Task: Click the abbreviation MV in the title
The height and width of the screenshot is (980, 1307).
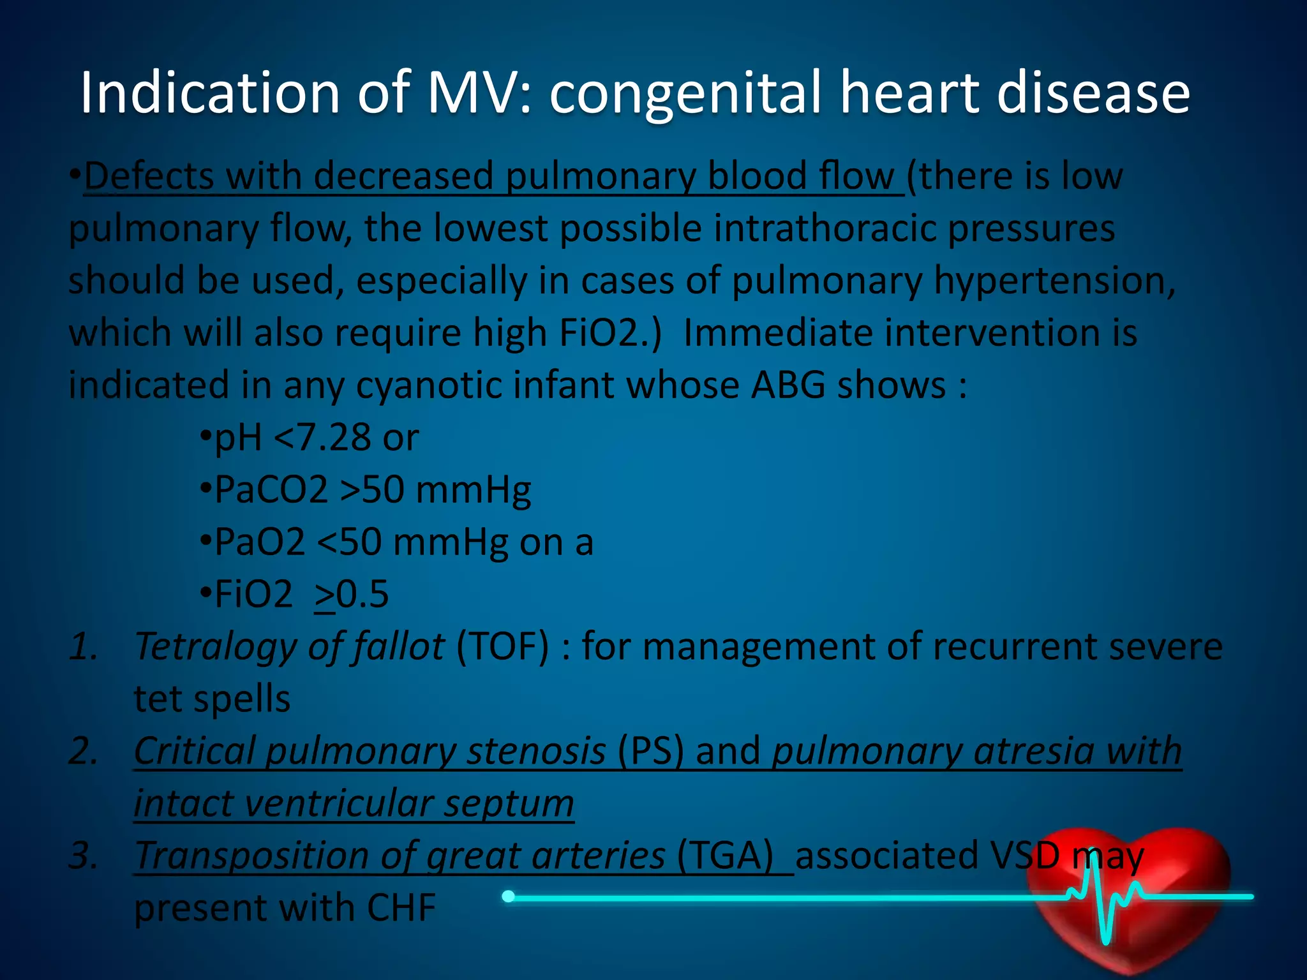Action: (x=469, y=93)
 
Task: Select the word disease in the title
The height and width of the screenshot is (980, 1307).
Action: (x=1093, y=93)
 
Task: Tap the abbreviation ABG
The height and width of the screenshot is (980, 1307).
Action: (x=788, y=385)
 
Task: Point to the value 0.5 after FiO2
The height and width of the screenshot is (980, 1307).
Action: (x=362, y=595)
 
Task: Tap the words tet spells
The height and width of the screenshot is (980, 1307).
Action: (x=212, y=699)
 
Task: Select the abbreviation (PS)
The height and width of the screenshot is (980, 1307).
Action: (x=650, y=751)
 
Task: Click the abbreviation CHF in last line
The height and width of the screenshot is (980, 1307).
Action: (x=401, y=908)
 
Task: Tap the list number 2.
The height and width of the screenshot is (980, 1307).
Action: (x=84, y=751)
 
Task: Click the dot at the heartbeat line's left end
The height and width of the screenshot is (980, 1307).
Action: (x=508, y=896)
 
